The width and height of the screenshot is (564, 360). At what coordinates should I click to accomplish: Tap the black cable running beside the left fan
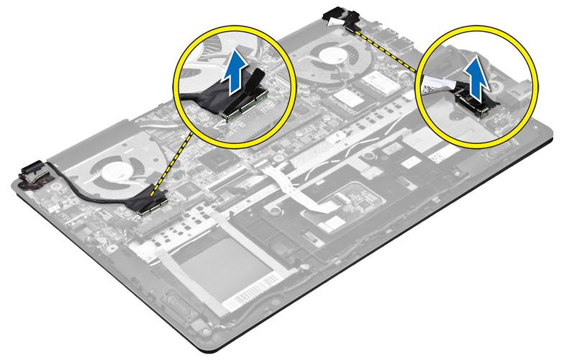coord(79,195)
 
